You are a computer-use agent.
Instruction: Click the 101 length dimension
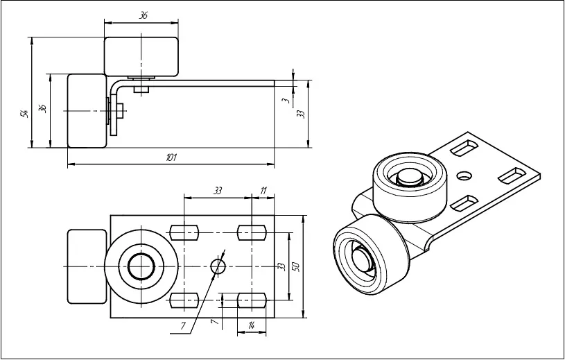pyautogui.click(x=171, y=158)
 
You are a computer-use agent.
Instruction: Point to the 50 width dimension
pyautogui.click(x=296, y=266)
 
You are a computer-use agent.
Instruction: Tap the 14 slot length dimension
pyautogui.click(x=251, y=325)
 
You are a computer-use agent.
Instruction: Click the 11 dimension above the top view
pyautogui.click(x=263, y=189)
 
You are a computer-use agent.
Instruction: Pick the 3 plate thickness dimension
pyautogui.click(x=286, y=101)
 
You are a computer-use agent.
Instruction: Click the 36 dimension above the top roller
pyautogui.click(x=143, y=15)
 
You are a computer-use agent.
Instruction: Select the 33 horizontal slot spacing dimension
pyautogui.click(x=217, y=189)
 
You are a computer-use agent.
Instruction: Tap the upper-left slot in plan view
pyautogui.click(x=184, y=231)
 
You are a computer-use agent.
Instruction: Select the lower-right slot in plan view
pyautogui.click(x=251, y=300)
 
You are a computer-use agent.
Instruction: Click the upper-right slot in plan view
pyautogui.click(x=251, y=231)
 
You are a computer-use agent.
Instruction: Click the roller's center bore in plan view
pyautogui.click(x=142, y=266)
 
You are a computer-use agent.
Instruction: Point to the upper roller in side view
pyautogui.click(x=142, y=56)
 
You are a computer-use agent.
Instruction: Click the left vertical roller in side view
pyautogui.click(x=87, y=111)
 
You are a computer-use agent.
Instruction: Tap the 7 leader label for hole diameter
pyautogui.click(x=183, y=325)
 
